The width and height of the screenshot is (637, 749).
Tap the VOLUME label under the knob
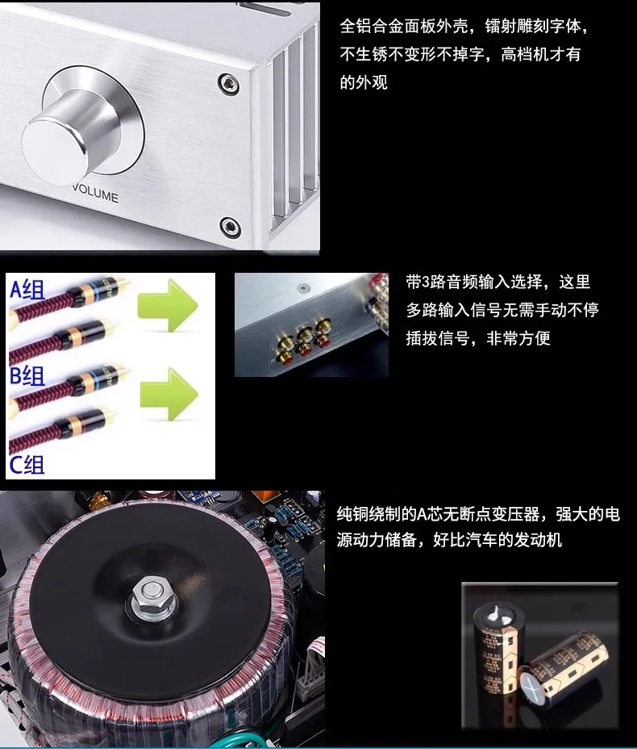point(95,196)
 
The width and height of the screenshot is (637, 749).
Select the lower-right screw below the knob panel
point(230,225)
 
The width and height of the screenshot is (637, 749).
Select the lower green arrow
point(169,395)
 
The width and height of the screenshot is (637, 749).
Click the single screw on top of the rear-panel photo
point(302,287)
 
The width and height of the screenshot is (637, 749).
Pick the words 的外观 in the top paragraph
point(364,82)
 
